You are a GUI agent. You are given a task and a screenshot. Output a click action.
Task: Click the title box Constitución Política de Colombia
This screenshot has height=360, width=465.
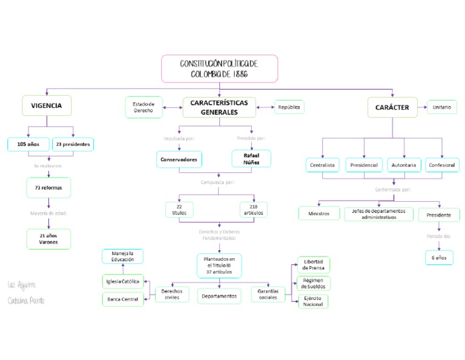pyautogui.click(x=219, y=68)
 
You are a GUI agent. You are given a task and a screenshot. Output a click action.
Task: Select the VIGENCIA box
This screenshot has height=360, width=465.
pyautogui.click(x=46, y=105)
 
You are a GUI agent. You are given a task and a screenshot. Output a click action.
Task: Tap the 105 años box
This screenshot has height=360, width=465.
pyautogui.click(x=28, y=144)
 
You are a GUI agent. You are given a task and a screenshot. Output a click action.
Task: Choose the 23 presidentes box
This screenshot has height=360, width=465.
pyautogui.click(x=73, y=144)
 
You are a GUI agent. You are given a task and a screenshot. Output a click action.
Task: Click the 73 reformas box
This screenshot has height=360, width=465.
pyautogui.click(x=48, y=188)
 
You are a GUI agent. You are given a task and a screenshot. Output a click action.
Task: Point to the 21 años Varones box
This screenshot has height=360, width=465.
pyautogui.click(x=48, y=239)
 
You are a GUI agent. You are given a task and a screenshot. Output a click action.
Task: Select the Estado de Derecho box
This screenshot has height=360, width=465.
pyautogui.click(x=143, y=107)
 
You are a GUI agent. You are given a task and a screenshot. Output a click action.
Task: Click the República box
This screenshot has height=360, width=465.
pyautogui.click(x=289, y=107)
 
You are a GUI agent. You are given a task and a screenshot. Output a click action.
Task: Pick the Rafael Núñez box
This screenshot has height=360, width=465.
pyautogui.click(x=251, y=159)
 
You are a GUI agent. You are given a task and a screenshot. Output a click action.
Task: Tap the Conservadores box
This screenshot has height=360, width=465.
pyautogui.click(x=179, y=159)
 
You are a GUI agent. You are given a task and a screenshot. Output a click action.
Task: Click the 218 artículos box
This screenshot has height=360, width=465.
pyautogui.click(x=253, y=210)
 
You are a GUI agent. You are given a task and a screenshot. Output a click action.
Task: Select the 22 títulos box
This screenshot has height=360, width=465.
pyautogui.click(x=179, y=210)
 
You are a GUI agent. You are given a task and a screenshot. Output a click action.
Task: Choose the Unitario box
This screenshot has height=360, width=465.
pyautogui.click(x=442, y=107)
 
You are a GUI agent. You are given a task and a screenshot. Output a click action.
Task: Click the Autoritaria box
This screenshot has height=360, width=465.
pyautogui.click(x=403, y=165)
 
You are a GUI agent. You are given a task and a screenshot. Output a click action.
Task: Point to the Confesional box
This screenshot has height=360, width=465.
pyautogui.click(x=442, y=165)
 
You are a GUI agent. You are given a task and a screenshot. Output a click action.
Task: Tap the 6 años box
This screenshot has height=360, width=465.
pyautogui.click(x=438, y=258)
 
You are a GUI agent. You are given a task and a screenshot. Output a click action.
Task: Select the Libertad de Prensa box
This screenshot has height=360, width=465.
pyautogui.click(x=313, y=265)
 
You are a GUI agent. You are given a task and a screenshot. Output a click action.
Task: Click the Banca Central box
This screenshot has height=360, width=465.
pyautogui.click(x=123, y=299)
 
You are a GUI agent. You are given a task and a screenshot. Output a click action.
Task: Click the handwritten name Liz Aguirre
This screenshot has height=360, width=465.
pyautogui.click(x=22, y=285)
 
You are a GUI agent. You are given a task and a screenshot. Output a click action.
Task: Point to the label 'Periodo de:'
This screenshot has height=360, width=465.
pyautogui.click(x=438, y=236)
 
